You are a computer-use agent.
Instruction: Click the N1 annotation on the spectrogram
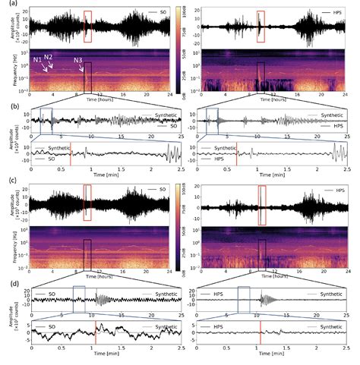36,59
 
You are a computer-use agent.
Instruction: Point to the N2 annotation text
48,57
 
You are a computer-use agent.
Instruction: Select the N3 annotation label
78,60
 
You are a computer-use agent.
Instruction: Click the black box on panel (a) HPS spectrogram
261,75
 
